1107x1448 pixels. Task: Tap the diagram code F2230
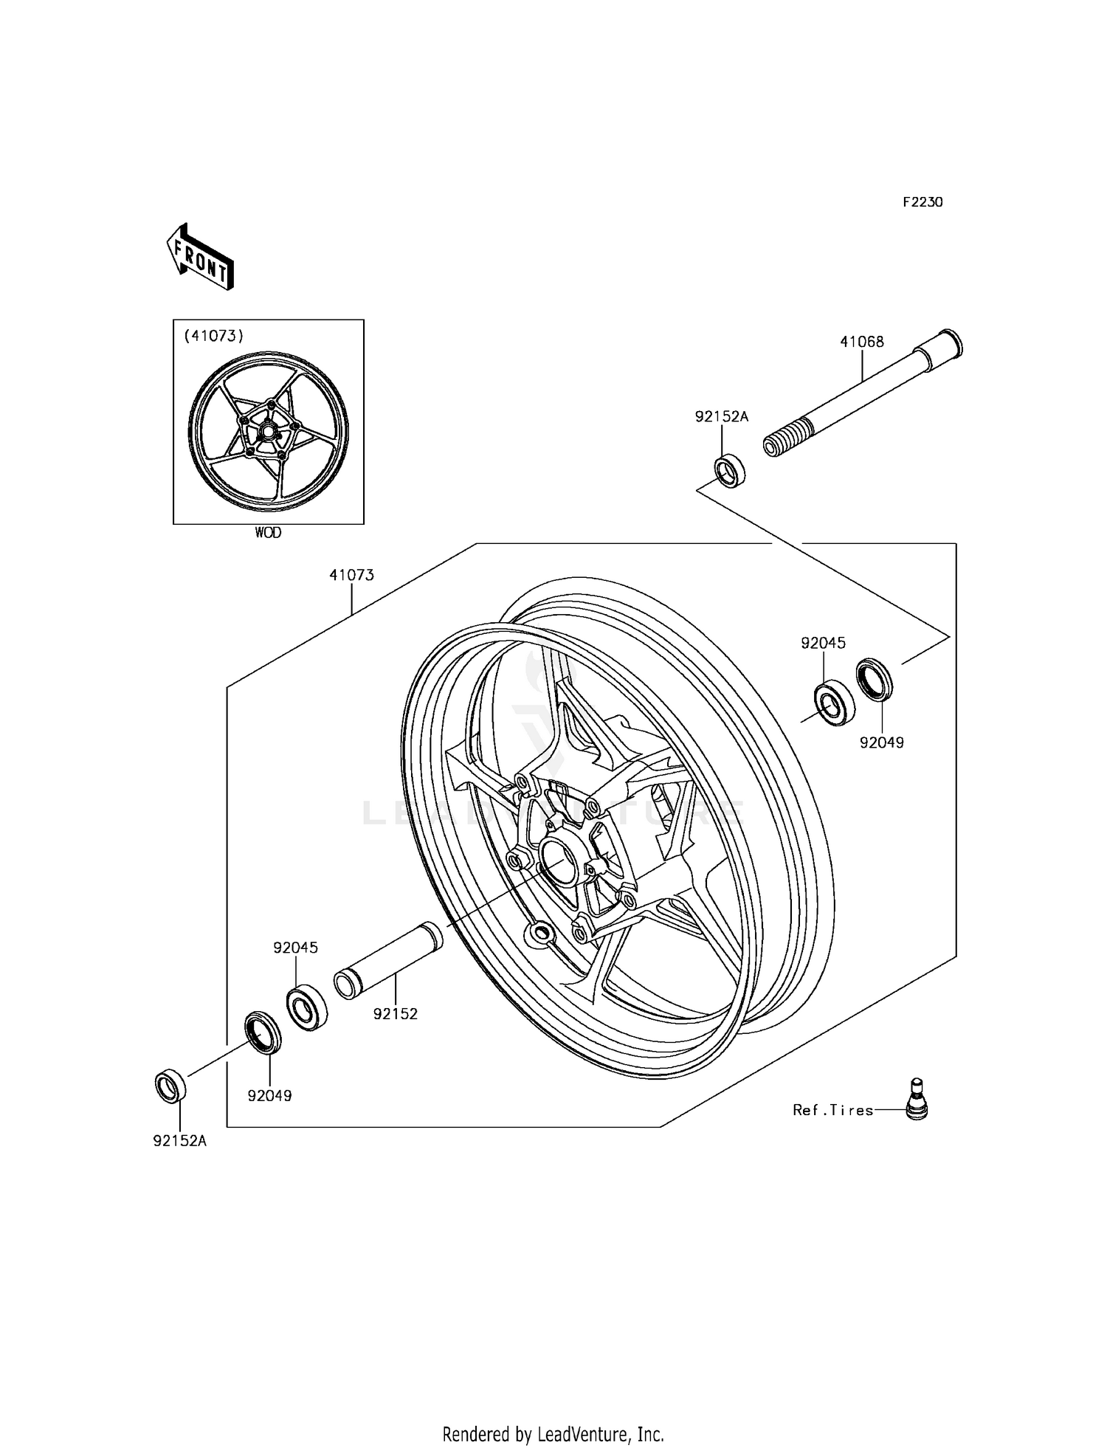point(922,202)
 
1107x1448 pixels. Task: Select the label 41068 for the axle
point(861,342)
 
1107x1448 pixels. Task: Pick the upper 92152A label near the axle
point(721,417)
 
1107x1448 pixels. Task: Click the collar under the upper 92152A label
point(729,471)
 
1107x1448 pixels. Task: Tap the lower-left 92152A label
point(179,1140)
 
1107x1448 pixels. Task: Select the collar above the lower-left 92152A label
point(170,1086)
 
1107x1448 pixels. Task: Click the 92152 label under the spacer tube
point(395,1014)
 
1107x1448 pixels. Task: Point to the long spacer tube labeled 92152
point(389,960)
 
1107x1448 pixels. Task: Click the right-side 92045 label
point(823,643)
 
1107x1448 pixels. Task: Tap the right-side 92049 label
point(881,742)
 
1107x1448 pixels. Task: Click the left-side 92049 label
point(269,1096)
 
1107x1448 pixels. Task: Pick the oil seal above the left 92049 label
point(263,1032)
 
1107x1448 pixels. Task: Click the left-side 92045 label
point(295,948)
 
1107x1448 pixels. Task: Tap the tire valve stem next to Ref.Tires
point(916,1099)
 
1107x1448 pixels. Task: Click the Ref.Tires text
point(832,1110)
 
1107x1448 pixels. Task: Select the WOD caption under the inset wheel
point(268,532)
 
